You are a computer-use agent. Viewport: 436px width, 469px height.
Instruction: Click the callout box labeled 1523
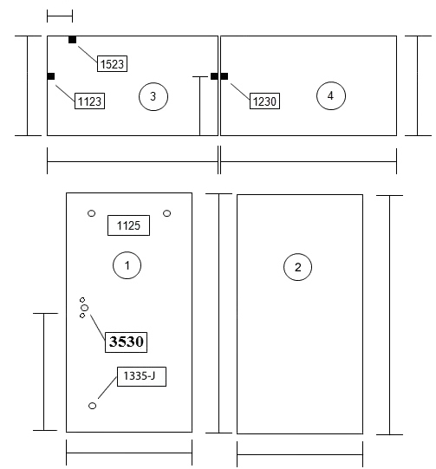click(x=112, y=63)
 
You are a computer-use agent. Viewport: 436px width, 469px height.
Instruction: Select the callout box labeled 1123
click(x=89, y=101)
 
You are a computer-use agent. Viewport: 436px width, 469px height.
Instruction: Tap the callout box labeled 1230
click(x=264, y=101)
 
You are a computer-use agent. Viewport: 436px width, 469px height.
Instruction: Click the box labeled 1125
click(x=128, y=225)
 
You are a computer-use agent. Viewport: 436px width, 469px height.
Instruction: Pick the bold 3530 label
click(x=126, y=342)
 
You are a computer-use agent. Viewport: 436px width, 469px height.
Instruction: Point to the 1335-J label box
click(x=141, y=376)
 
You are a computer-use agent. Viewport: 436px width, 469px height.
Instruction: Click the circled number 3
click(x=153, y=96)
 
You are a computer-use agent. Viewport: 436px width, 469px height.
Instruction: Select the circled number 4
click(x=331, y=95)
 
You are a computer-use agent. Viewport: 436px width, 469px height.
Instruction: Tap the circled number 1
click(x=127, y=265)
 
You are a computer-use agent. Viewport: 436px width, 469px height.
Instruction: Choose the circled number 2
click(x=297, y=267)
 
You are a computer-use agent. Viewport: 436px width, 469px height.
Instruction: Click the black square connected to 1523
click(x=72, y=40)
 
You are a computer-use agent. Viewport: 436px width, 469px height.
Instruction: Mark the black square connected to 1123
click(x=51, y=76)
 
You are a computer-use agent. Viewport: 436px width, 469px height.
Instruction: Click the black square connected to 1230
click(x=225, y=76)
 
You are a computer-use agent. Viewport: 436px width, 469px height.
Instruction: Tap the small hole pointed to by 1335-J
click(x=93, y=406)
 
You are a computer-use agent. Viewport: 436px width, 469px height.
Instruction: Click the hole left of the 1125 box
click(x=92, y=213)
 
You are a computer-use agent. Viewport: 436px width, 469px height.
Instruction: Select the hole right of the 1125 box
click(x=167, y=213)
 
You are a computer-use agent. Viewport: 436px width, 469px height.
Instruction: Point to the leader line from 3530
click(x=98, y=328)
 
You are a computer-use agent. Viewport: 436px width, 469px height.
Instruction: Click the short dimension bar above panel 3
click(x=60, y=16)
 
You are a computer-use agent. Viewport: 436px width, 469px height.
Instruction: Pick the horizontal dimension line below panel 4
click(x=309, y=161)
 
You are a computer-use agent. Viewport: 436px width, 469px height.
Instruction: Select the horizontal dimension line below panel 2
click(x=300, y=455)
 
